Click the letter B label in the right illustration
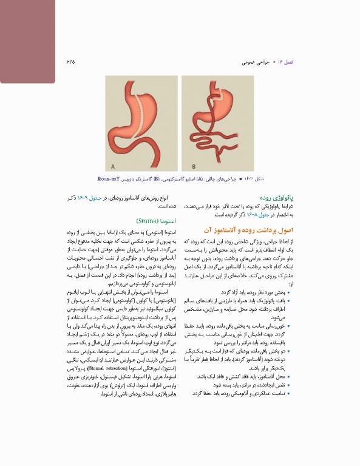tap(193, 166)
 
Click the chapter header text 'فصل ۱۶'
tap(285, 62)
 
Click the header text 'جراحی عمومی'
tap(254, 62)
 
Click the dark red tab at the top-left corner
tap(27, 39)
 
